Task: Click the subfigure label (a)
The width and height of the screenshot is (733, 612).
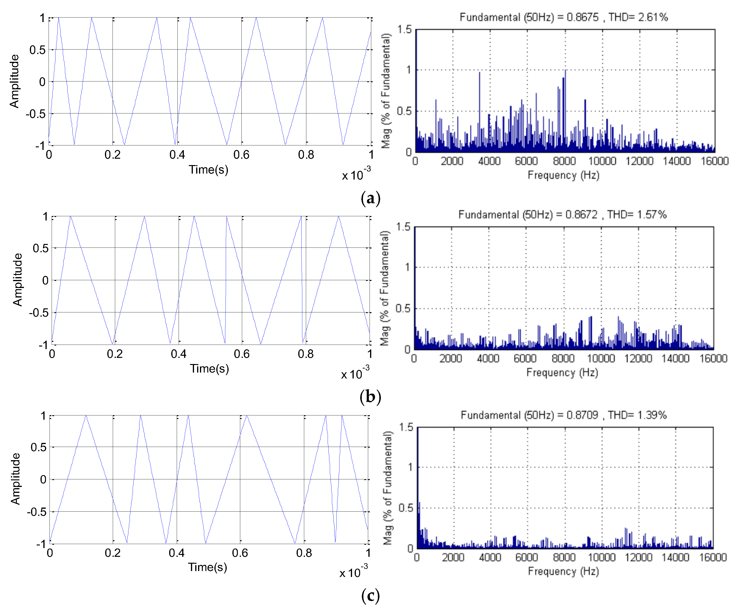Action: click(x=370, y=198)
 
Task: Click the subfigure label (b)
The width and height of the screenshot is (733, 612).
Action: click(x=370, y=396)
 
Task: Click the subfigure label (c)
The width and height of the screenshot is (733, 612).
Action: click(x=370, y=596)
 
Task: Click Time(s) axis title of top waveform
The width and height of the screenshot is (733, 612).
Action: click(x=208, y=170)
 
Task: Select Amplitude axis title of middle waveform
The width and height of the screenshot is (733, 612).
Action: click(x=18, y=279)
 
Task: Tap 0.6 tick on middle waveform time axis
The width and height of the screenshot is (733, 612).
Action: click(x=242, y=354)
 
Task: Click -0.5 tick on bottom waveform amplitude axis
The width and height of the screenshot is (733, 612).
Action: click(x=36, y=512)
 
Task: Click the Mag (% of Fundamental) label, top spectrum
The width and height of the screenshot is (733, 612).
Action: click(x=385, y=91)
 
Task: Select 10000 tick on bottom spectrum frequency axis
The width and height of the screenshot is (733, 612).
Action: click(x=602, y=557)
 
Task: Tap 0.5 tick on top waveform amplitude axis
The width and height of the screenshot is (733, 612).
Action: click(x=37, y=50)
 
